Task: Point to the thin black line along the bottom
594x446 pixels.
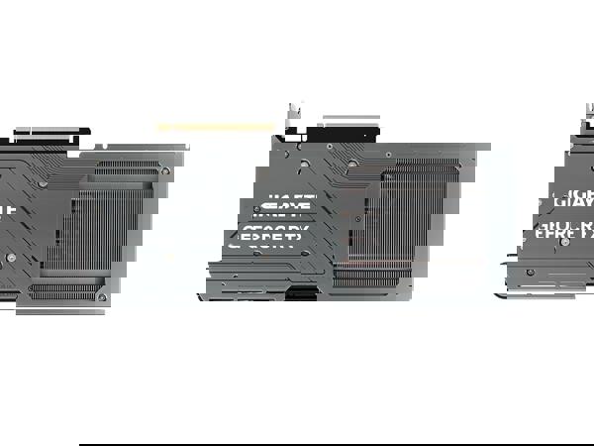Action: click(337, 444)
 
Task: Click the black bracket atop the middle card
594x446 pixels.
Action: click(343, 131)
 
